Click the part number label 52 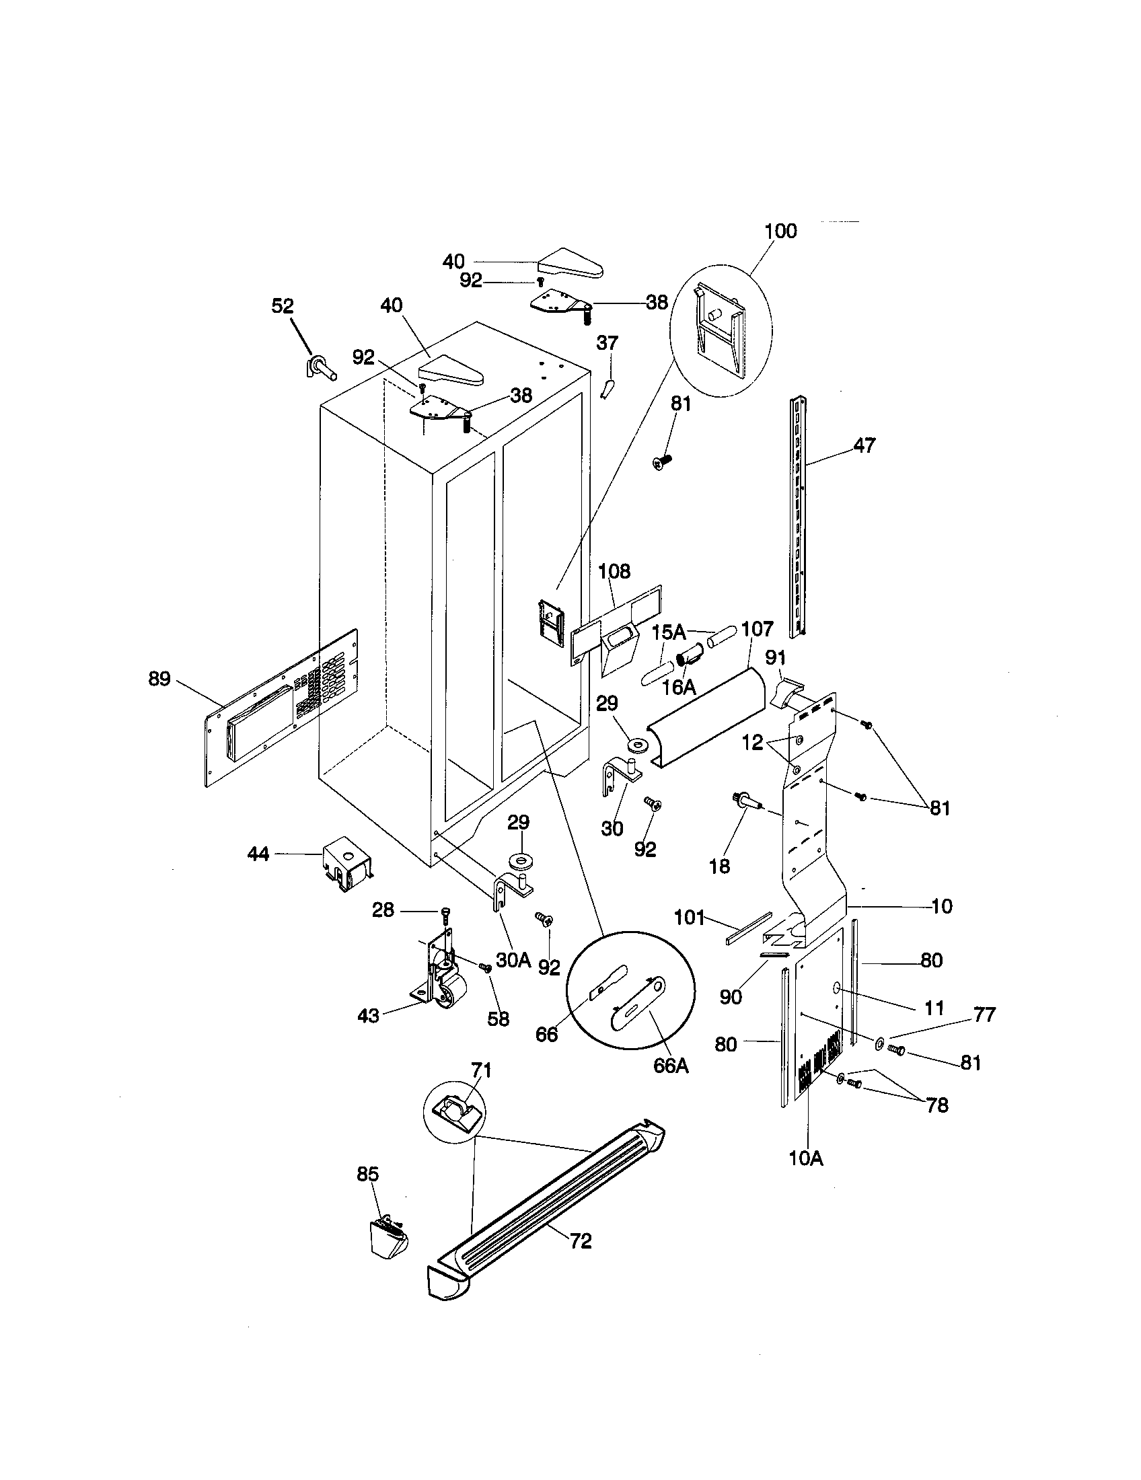(283, 306)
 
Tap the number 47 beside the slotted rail (864, 445)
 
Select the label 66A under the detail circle (671, 1066)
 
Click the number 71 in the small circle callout (481, 1070)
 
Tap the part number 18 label (719, 866)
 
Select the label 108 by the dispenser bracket (614, 571)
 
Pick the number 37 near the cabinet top (607, 343)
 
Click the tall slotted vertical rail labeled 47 (799, 515)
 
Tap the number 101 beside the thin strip (690, 918)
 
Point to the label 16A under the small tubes (679, 687)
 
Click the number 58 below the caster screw (498, 1019)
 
